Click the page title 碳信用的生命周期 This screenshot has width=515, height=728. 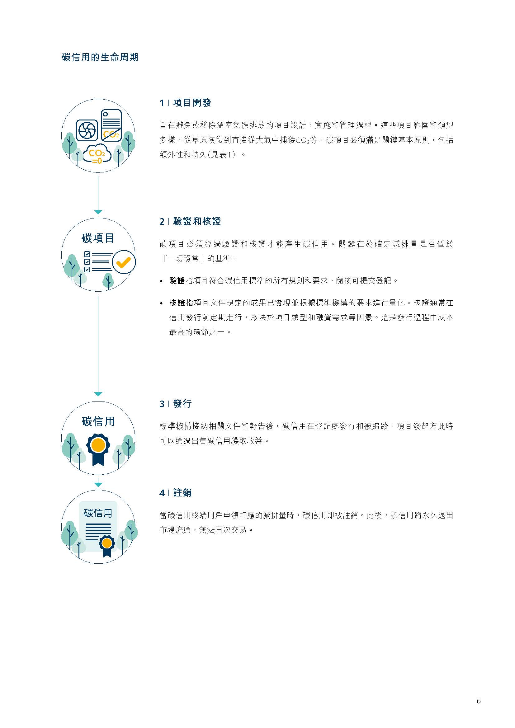(100, 57)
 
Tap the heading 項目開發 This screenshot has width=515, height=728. (192, 103)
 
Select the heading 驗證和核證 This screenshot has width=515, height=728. (197, 221)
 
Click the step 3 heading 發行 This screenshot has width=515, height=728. (182, 404)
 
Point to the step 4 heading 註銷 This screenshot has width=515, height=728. (182, 493)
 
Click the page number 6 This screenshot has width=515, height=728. (479, 701)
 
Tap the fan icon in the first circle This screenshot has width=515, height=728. (87, 130)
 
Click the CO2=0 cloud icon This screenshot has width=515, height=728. (97, 154)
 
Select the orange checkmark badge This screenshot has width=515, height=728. (124, 262)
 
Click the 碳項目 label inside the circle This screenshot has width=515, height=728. (98, 238)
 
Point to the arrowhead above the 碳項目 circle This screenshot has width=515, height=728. (98, 212)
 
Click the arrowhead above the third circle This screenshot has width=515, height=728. (98, 394)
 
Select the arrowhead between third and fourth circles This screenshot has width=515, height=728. (98, 485)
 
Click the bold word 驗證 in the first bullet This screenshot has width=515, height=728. (177, 281)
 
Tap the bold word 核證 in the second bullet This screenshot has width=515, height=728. (177, 303)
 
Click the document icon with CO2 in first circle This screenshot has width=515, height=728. (111, 125)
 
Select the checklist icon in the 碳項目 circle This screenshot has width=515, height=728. (98, 262)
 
